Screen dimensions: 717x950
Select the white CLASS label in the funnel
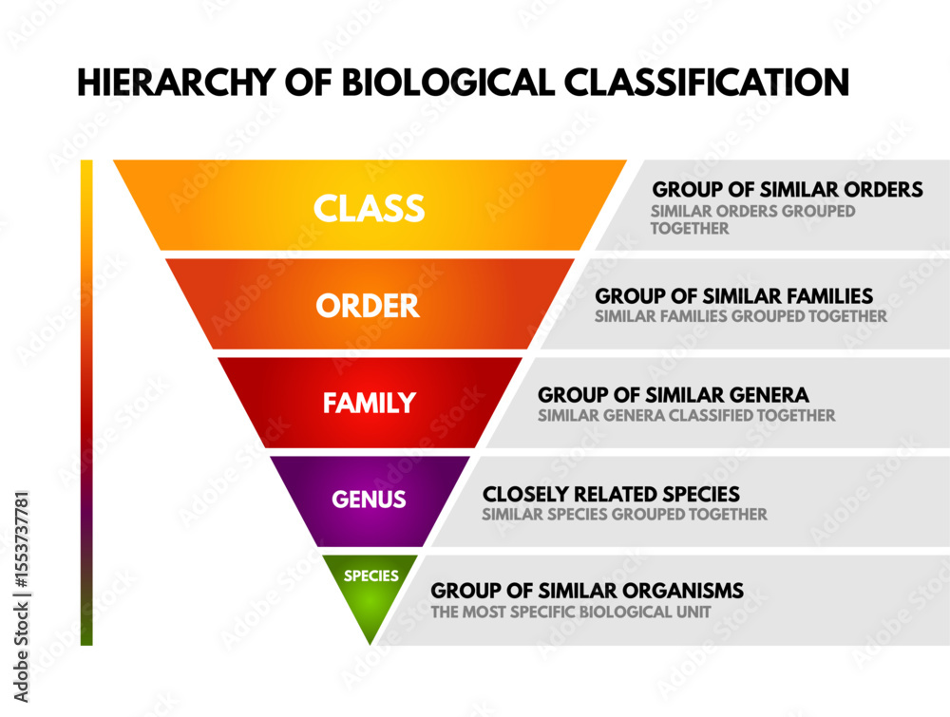tap(370, 208)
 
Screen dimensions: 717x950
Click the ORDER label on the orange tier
tap(368, 306)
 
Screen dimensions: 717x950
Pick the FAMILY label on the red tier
tap(370, 403)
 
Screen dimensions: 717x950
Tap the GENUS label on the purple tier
tap(369, 499)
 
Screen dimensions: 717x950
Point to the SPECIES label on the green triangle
tap(370, 575)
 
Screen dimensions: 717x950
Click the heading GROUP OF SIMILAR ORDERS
tap(788, 190)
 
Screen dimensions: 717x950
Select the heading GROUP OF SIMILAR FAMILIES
tap(734, 296)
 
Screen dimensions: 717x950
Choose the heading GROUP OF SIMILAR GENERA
tap(674, 394)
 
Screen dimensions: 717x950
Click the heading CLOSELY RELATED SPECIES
tap(611, 495)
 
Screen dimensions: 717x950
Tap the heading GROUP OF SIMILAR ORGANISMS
tap(587, 592)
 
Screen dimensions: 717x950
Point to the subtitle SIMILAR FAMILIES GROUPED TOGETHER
tap(741, 316)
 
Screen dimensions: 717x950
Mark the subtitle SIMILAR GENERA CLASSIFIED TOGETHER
tap(687, 415)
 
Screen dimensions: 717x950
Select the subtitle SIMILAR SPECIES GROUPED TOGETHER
tap(624, 515)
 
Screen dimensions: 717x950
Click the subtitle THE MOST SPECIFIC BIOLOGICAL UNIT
tap(570, 613)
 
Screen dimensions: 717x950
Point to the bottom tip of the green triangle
tap(370, 642)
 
